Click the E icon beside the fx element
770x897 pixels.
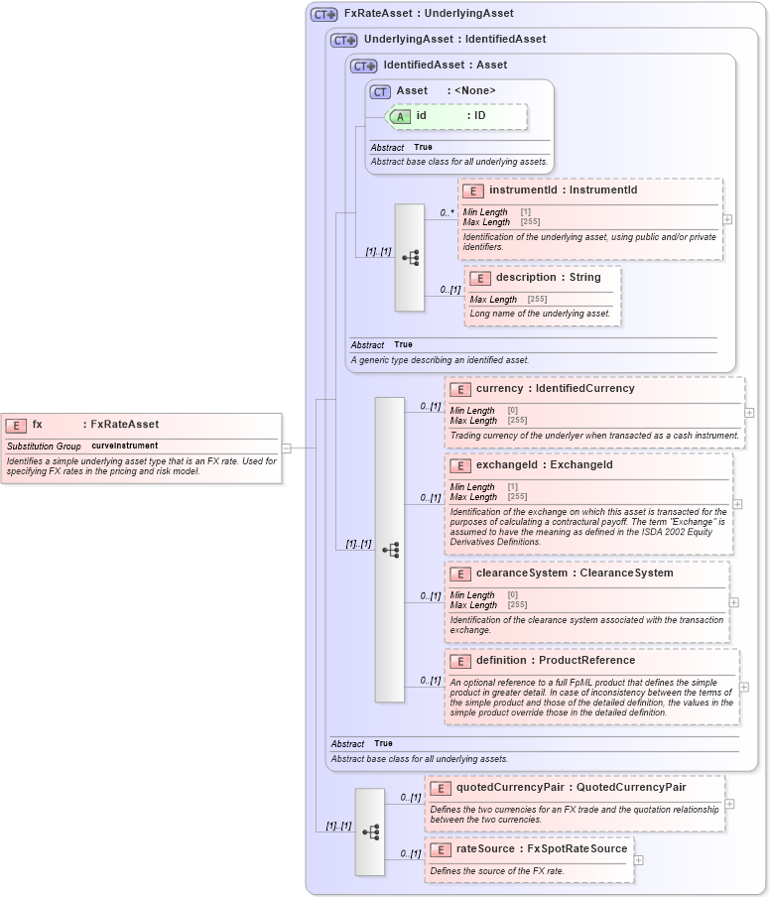[x=16, y=425]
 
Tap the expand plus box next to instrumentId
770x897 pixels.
[x=727, y=220]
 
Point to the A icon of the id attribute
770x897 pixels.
[x=400, y=116]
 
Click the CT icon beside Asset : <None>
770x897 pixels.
[x=380, y=91]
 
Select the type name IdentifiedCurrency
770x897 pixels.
[x=584, y=389]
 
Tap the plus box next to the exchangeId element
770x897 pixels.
[x=737, y=504]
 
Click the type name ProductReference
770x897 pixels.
[x=586, y=660]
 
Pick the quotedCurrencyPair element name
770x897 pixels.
[x=510, y=787]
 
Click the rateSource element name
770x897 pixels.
[x=485, y=848]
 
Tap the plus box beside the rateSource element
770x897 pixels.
[x=638, y=860]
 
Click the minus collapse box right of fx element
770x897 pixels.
[x=286, y=448]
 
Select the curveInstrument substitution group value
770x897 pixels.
[x=125, y=447]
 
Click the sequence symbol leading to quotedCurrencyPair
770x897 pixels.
[x=370, y=832]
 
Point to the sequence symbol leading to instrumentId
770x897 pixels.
[x=410, y=258]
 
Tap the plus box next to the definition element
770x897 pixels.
[x=743, y=687]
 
